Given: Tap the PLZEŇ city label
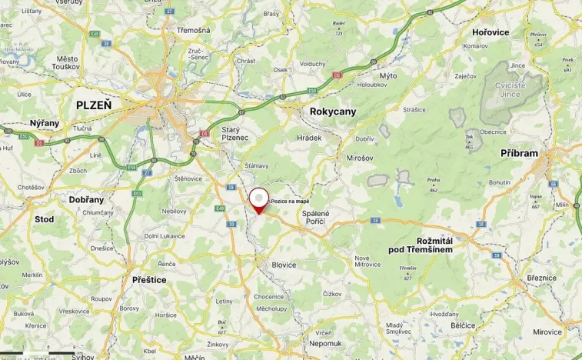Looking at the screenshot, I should [x=93, y=105].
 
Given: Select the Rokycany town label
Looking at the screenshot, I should [x=333, y=112].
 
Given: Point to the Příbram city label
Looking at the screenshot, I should [x=519, y=153].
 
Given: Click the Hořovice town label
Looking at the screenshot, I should [x=489, y=33].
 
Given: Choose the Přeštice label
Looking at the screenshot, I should [x=149, y=280].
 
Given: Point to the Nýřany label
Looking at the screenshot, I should [x=44, y=123].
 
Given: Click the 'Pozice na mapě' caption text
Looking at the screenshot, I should [x=290, y=201].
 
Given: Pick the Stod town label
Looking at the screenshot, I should [x=45, y=219].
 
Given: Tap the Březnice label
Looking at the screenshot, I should [x=544, y=279].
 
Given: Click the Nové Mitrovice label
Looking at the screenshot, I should [x=367, y=261].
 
